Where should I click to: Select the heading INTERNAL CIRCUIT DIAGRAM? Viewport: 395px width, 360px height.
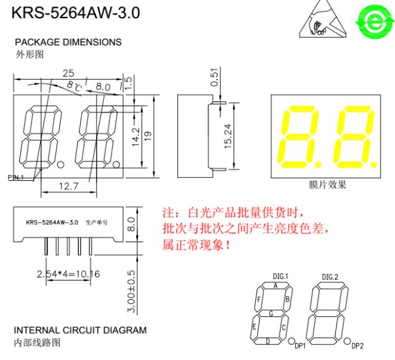80,330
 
